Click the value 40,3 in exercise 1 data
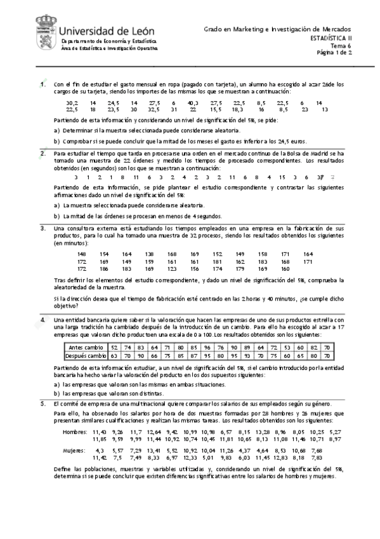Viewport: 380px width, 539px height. [x=193, y=102]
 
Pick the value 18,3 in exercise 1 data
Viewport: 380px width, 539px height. [x=237, y=109]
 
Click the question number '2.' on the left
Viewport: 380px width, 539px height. [x=42, y=153]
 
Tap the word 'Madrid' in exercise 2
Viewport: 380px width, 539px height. [x=299, y=153]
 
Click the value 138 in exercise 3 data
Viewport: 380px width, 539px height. [x=149, y=254]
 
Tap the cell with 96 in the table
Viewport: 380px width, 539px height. [x=206, y=348]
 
